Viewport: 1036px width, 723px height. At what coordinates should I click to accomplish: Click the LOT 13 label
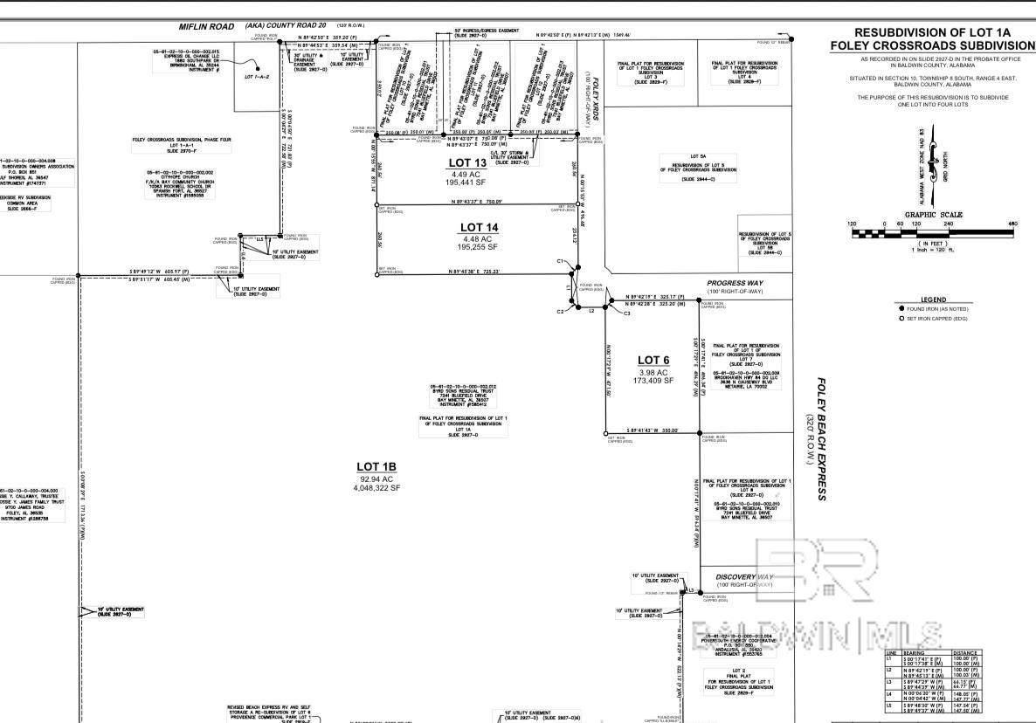pos(467,163)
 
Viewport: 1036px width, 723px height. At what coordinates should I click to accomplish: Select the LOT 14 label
pos(479,228)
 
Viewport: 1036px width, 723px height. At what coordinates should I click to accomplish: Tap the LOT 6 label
pos(653,360)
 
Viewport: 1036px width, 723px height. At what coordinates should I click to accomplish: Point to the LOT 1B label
pos(376,467)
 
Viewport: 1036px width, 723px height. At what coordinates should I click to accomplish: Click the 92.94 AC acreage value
pos(376,479)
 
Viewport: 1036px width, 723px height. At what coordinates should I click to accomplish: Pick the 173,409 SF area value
pos(653,381)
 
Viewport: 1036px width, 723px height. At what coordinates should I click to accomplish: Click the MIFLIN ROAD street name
pos(210,27)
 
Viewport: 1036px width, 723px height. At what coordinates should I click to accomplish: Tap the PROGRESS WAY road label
pos(735,283)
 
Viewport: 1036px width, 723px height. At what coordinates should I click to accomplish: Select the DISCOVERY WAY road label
pos(744,577)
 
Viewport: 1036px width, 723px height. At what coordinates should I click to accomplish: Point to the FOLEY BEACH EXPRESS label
pos(821,439)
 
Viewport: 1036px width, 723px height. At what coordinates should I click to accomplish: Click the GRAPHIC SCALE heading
pos(933,215)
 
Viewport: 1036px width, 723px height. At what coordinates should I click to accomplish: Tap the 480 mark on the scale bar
pos(1013,224)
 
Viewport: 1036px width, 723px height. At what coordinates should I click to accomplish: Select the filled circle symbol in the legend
pos(901,309)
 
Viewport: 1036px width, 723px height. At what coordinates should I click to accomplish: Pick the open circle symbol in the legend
pos(901,319)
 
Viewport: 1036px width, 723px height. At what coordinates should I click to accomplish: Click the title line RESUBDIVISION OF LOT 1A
pos(932,31)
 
